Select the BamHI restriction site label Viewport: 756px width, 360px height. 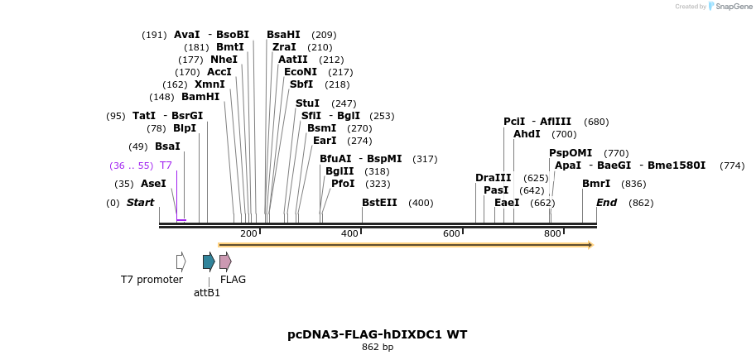point(200,97)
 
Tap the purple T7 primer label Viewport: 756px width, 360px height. point(166,166)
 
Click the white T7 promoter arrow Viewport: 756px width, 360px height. point(181,262)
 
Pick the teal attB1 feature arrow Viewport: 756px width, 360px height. point(209,262)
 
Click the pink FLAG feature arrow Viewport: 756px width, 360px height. point(225,262)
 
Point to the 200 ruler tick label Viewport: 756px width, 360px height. point(248,234)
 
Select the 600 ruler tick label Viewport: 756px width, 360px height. point(451,234)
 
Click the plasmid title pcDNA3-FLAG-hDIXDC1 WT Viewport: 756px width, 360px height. point(377,334)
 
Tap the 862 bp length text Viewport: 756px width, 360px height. point(377,348)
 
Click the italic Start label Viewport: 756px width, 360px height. point(140,203)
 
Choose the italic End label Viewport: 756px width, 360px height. point(607,203)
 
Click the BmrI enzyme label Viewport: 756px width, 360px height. point(596,184)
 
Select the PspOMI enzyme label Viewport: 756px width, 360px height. point(571,153)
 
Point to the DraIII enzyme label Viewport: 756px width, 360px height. point(494,178)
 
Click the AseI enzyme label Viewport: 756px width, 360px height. point(153,184)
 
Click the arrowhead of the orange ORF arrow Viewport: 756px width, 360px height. point(590,245)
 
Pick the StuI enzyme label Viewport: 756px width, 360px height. point(307,103)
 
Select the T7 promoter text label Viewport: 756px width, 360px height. point(152,280)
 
